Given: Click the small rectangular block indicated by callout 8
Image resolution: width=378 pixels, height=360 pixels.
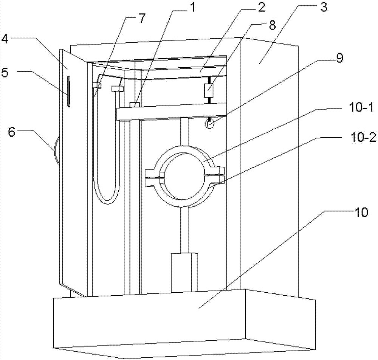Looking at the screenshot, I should [x=208, y=90].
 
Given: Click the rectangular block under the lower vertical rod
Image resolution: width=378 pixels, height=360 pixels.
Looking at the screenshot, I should [x=184, y=272].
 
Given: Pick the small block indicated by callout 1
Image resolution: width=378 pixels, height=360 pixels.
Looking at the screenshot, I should [x=135, y=104].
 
